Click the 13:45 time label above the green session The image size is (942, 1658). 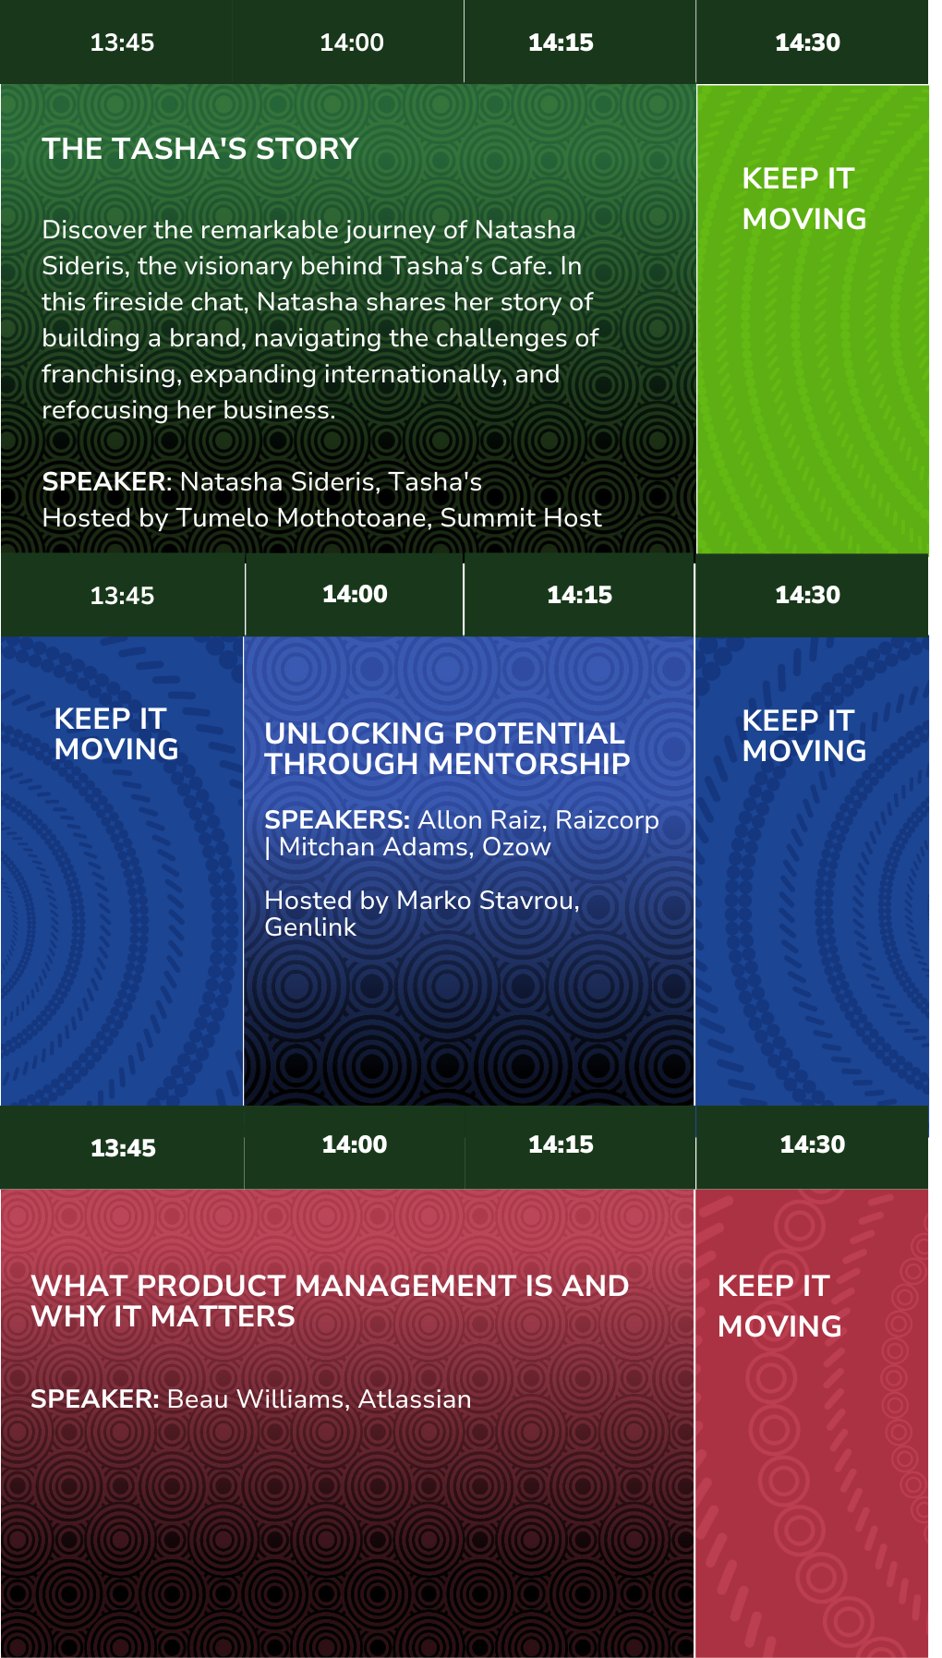pyautogui.click(x=122, y=42)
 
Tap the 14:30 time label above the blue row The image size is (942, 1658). pyautogui.click(x=807, y=595)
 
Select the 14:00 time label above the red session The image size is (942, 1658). pyautogui.click(x=355, y=1144)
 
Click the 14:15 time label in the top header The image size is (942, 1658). pyautogui.click(x=561, y=42)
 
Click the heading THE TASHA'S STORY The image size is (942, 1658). pyautogui.click(x=200, y=149)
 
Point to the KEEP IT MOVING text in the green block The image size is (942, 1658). pyautogui.click(x=804, y=199)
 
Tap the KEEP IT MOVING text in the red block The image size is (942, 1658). pyautogui.click(x=779, y=1306)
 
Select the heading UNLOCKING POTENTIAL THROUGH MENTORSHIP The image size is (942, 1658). pyautogui.click(x=447, y=748)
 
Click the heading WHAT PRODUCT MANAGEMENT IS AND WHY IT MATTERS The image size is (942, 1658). pyautogui.click(x=330, y=1301)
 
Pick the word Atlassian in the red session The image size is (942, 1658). pyautogui.click(x=415, y=1399)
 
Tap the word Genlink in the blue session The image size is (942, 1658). pyautogui.click(x=310, y=927)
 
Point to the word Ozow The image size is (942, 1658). pyautogui.click(x=516, y=847)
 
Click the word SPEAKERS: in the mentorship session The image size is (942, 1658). pyautogui.click(x=337, y=820)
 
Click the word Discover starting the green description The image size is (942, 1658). pyautogui.click(x=94, y=230)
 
